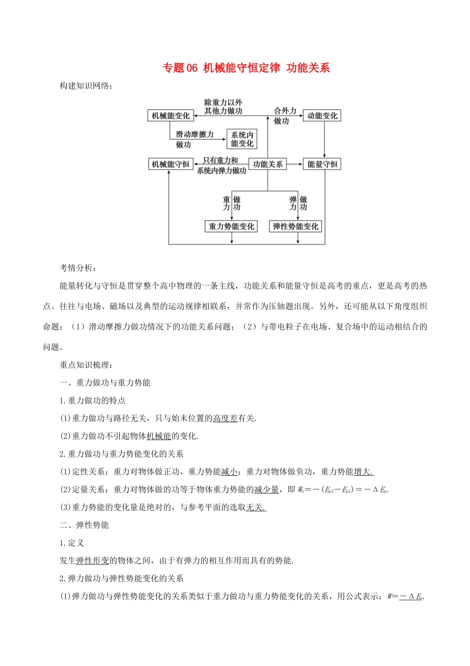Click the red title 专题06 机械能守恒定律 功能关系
pos(246,68)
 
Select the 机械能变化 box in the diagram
pos(170,115)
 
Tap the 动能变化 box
pos(322,115)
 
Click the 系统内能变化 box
pos(242,139)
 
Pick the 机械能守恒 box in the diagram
pos(171,164)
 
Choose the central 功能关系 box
pos(268,164)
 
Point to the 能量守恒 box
pos(322,164)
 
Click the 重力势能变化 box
pos(231,226)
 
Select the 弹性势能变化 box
pos(295,226)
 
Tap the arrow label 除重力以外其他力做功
pos(223,107)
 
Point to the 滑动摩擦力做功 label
pos(194,139)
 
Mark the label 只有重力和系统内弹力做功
pos(221,166)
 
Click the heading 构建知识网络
pos(86,86)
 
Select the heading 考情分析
pos(78,268)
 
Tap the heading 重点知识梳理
pos(86,365)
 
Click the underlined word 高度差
pos(225,418)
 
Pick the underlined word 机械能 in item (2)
pos(159,436)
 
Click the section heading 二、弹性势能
pos(84,525)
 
